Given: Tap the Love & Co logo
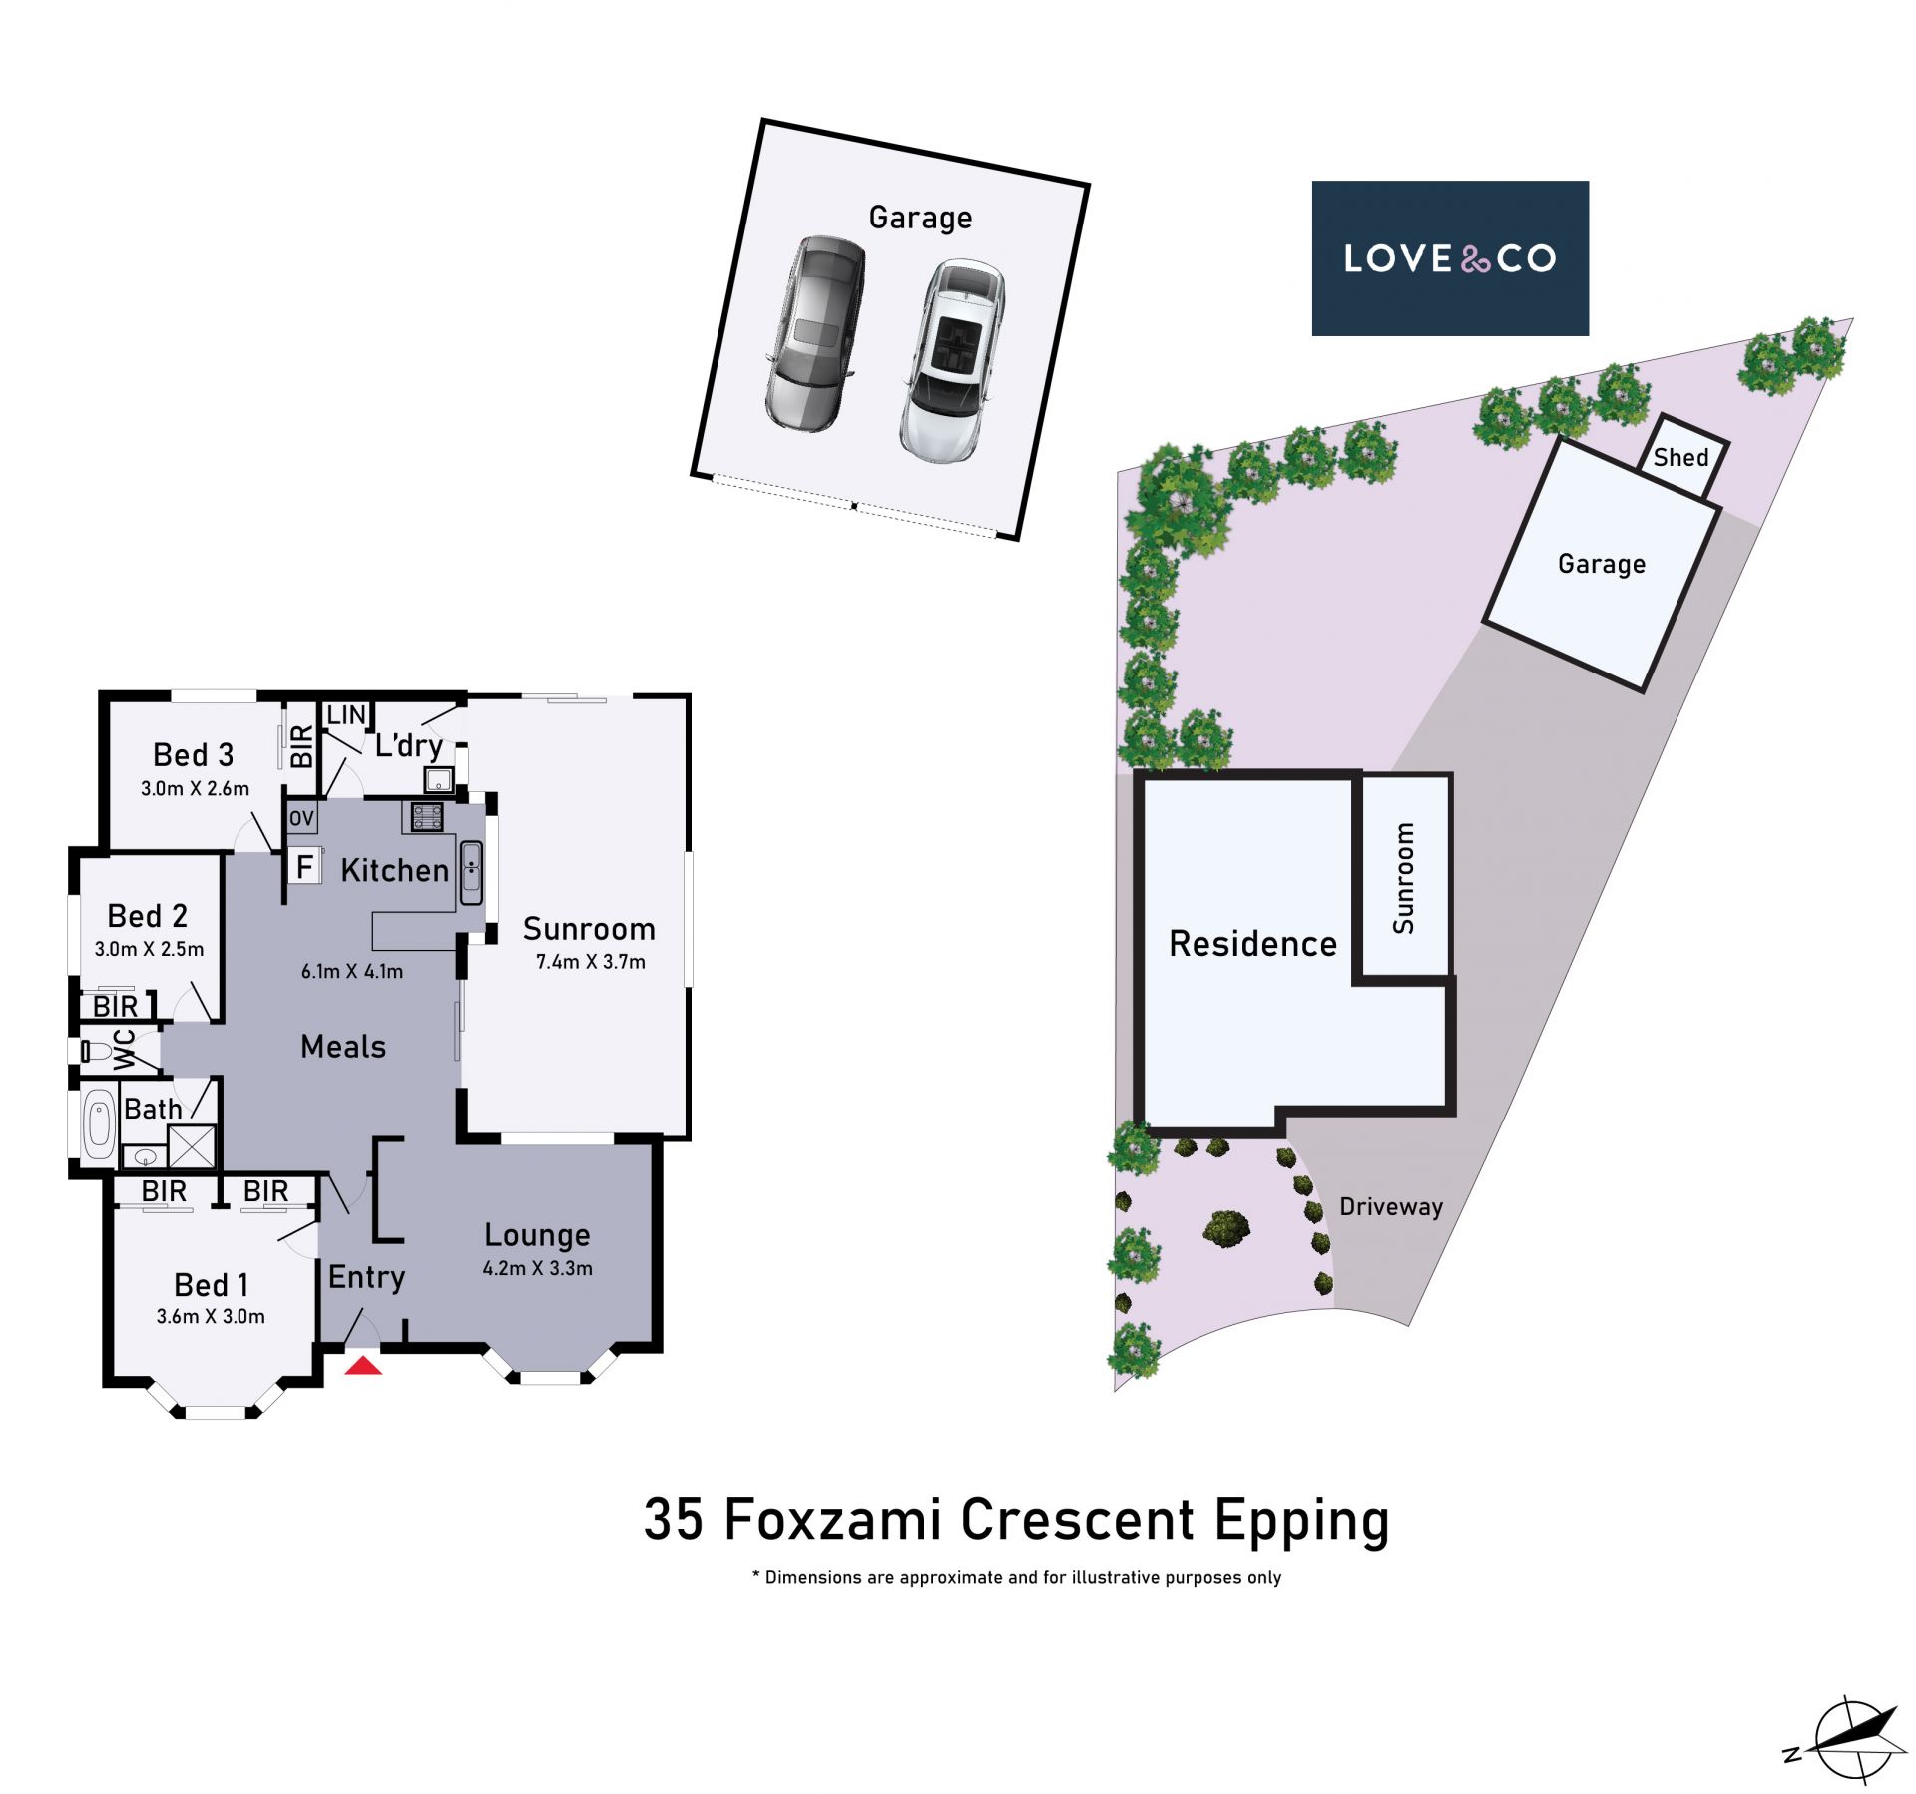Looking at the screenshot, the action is click(1449, 258).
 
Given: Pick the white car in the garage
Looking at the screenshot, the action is click(953, 361).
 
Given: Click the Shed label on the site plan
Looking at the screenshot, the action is click(1680, 457).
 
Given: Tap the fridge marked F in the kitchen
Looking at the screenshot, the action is click(304, 866).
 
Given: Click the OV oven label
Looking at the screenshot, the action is click(301, 818).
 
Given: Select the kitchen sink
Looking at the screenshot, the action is click(471, 873).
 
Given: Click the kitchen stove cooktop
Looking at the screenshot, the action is click(428, 817).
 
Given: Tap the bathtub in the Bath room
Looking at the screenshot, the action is click(99, 1124).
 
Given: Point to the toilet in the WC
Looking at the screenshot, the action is click(97, 1051).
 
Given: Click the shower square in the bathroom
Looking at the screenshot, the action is click(192, 1145).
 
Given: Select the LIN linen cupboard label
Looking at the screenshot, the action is click(346, 714).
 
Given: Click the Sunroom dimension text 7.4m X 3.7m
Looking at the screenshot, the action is click(591, 962).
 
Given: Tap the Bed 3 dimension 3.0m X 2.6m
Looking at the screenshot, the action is click(195, 788).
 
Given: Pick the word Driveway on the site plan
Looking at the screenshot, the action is click(1391, 1207).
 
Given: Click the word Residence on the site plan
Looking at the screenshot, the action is click(1252, 943).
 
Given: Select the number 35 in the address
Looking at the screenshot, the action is click(674, 1520).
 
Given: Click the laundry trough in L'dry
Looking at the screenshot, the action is click(439, 779).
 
